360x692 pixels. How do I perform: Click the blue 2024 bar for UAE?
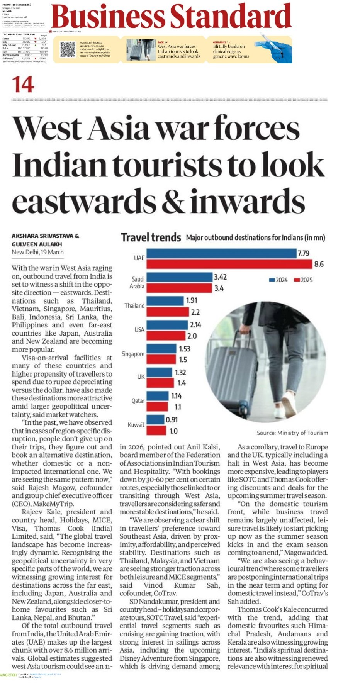click(x=221, y=253)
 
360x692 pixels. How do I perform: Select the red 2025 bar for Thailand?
click(x=168, y=312)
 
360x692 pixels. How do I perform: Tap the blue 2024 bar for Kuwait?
click(x=155, y=419)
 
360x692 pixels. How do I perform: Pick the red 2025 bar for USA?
click(x=166, y=336)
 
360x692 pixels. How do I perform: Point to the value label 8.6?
click(x=319, y=264)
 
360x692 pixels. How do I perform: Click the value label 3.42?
click(x=220, y=277)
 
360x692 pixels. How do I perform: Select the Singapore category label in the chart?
click(x=133, y=354)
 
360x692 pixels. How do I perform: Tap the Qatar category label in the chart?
click(x=138, y=401)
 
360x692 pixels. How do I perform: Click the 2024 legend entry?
click(x=278, y=280)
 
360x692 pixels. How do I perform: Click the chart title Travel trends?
click(x=151, y=237)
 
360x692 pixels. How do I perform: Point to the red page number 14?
click(x=23, y=85)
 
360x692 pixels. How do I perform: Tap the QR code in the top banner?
click(x=68, y=50)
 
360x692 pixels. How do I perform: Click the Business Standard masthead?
click(x=171, y=17)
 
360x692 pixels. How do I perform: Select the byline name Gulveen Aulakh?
click(x=37, y=244)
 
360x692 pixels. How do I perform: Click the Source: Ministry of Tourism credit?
click(x=292, y=433)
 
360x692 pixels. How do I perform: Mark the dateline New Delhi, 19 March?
click(x=37, y=252)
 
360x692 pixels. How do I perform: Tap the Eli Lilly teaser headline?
click(x=231, y=51)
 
